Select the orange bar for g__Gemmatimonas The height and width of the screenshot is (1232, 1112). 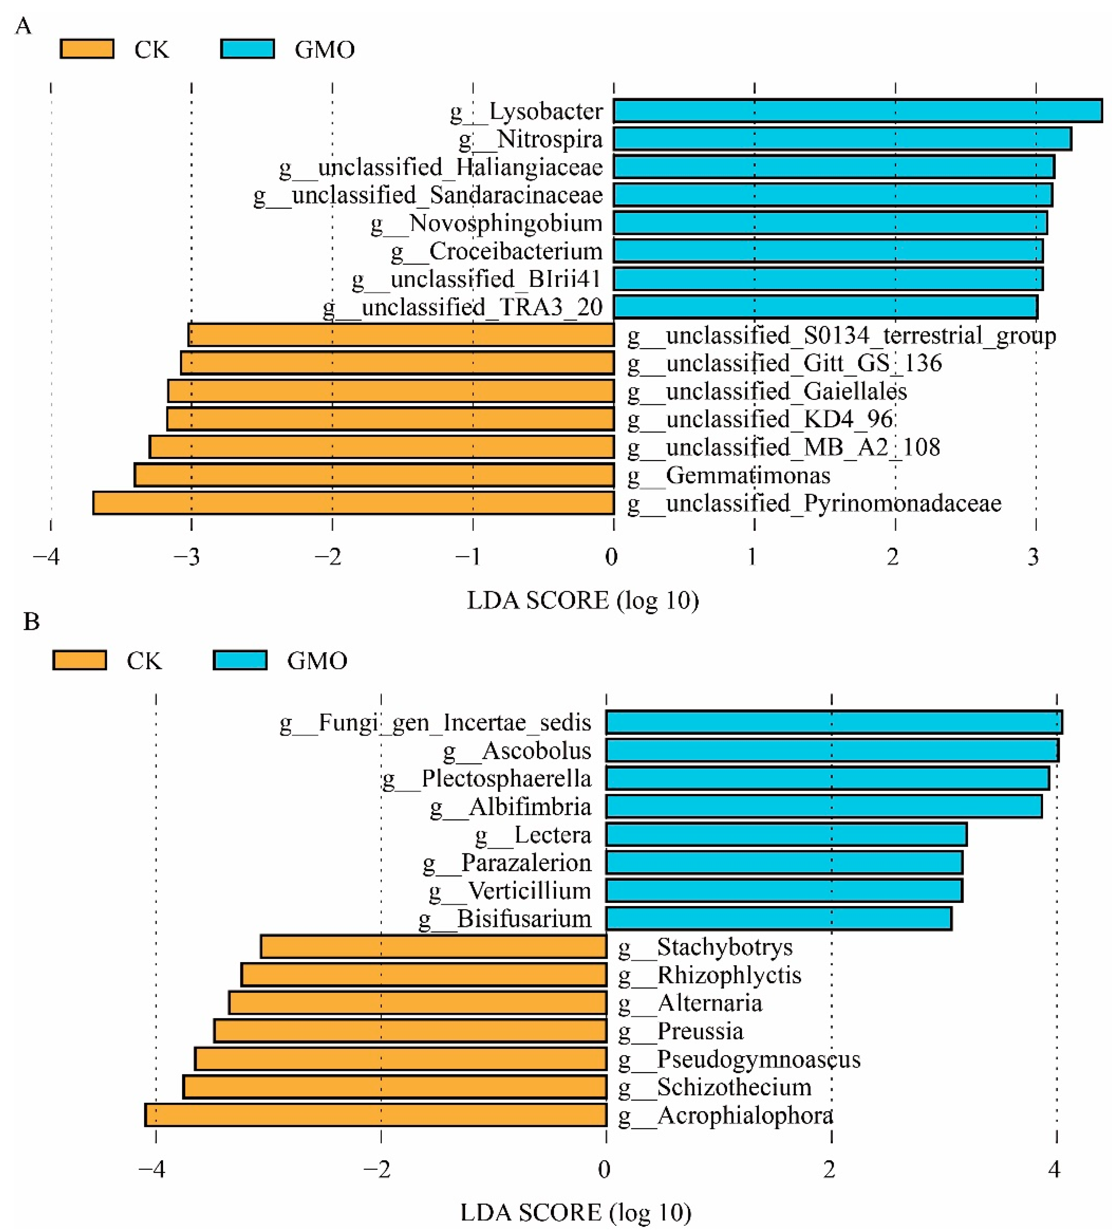[x=374, y=475]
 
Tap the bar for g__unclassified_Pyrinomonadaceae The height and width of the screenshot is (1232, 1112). [x=353, y=503]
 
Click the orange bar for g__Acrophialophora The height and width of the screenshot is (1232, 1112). [x=376, y=1115]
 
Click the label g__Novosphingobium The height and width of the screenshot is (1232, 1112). [x=486, y=223]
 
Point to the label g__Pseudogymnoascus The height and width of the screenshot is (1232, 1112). [x=739, y=1059]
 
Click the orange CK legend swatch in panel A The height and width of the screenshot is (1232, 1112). [x=87, y=49]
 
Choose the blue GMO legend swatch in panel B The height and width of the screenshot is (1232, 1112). [x=240, y=660]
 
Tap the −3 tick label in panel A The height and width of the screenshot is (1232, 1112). [x=186, y=556]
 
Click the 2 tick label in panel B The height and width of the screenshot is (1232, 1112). [x=829, y=1169]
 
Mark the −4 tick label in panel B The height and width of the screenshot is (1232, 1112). [x=151, y=1169]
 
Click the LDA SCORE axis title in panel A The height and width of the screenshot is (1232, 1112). [x=582, y=601]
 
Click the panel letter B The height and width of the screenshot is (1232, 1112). [x=31, y=622]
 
